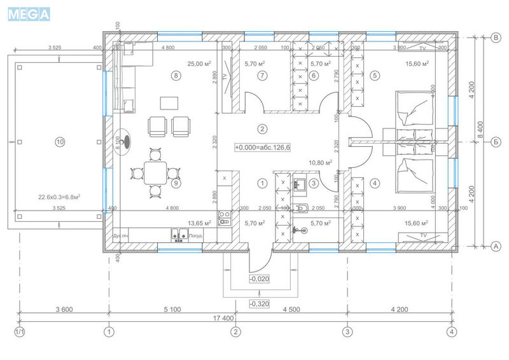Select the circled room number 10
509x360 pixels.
click(60, 142)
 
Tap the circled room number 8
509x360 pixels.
click(176, 76)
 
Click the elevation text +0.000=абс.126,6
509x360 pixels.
click(262, 148)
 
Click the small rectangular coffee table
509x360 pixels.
click(169, 103)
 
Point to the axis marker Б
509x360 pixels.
click(495, 142)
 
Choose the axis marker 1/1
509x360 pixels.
click(19, 331)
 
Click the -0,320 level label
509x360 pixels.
click(258, 303)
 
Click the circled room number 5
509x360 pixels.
click(375, 76)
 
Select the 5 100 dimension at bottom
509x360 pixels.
click(172, 310)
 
